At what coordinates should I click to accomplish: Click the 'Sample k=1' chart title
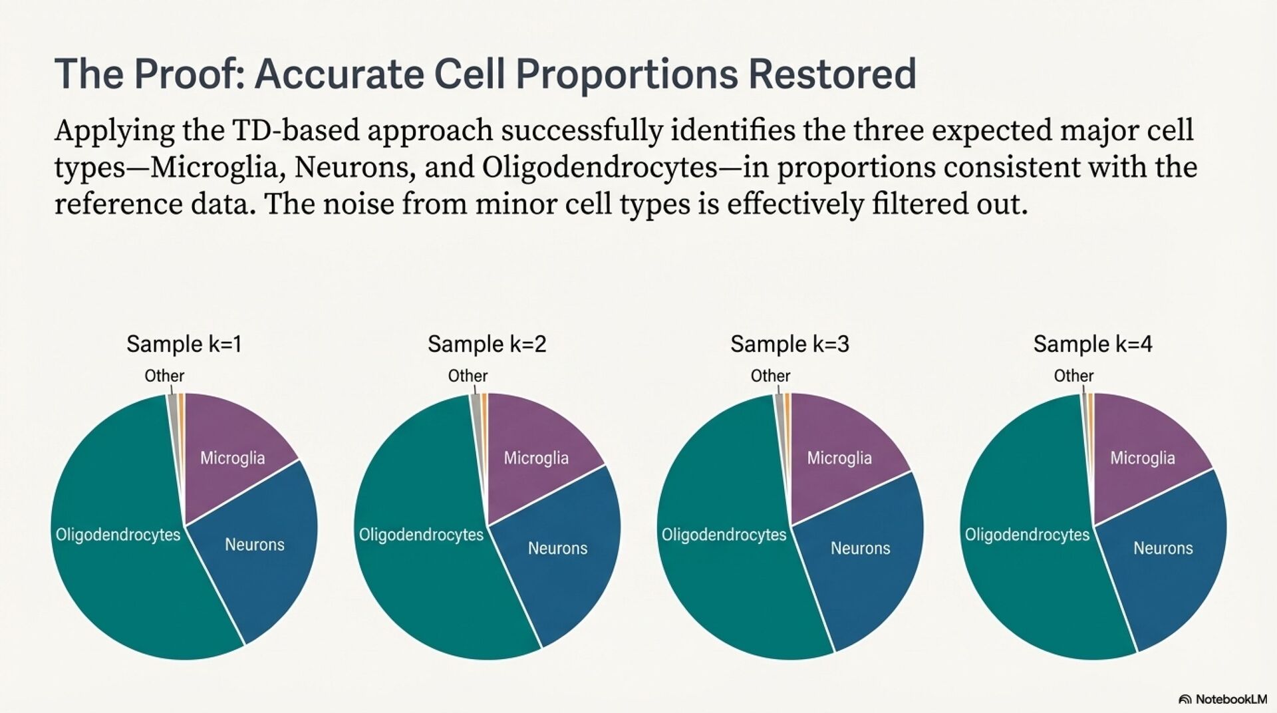point(184,344)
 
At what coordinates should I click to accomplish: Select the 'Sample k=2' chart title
point(487,344)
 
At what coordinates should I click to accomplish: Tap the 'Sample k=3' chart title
point(789,344)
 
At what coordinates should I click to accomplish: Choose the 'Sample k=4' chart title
point(1092,344)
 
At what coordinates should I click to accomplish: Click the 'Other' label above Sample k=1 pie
point(164,376)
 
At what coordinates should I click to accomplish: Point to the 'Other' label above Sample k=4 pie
point(1073,376)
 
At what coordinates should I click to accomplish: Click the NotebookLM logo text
point(1230,699)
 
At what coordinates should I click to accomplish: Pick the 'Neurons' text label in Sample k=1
point(255,545)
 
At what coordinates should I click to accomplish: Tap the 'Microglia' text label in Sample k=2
point(536,458)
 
